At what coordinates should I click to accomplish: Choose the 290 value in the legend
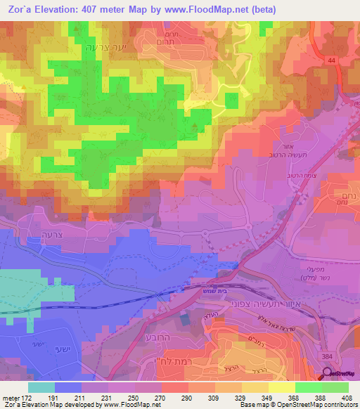point(187,397)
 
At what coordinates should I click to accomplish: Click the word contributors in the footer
point(342,405)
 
